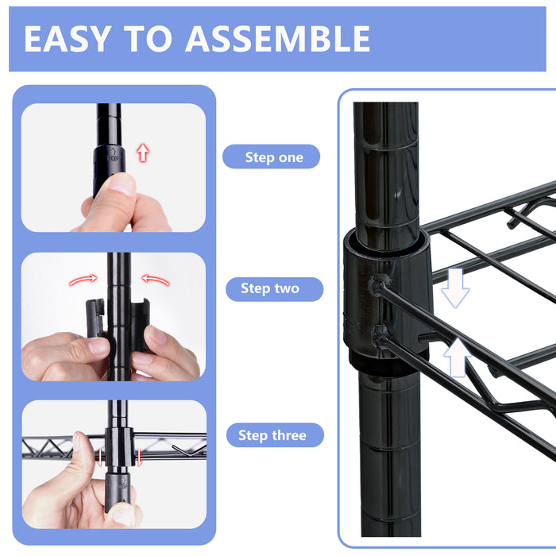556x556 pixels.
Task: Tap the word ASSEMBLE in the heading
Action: click(x=278, y=39)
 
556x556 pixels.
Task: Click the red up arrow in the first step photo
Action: click(x=143, y=153)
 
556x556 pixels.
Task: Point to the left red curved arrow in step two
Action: click(x=83, y=280)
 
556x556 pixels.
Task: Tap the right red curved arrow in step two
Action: click(x=156, y=280)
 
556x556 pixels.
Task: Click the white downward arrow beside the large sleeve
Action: click(x=455, y=288)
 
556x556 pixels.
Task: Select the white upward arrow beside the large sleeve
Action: click(x=458, y=357)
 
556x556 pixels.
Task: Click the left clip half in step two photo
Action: click(x=95, y=318)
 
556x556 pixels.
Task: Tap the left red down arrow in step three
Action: click(x=99, y=457)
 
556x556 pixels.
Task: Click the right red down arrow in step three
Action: click(x=139, y=457)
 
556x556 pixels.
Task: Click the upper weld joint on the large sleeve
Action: click(x=380, y=284)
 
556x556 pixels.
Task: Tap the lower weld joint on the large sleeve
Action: click(x=380, y=334)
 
